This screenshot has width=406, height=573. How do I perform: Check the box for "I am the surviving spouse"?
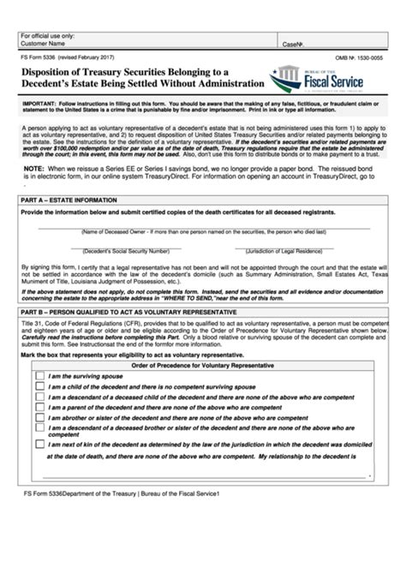(39, 375)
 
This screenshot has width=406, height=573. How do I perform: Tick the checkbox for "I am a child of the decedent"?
(39, 386)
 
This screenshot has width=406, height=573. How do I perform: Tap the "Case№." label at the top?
(293, 42)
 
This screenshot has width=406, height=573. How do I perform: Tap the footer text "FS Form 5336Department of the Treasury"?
(81, 494)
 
